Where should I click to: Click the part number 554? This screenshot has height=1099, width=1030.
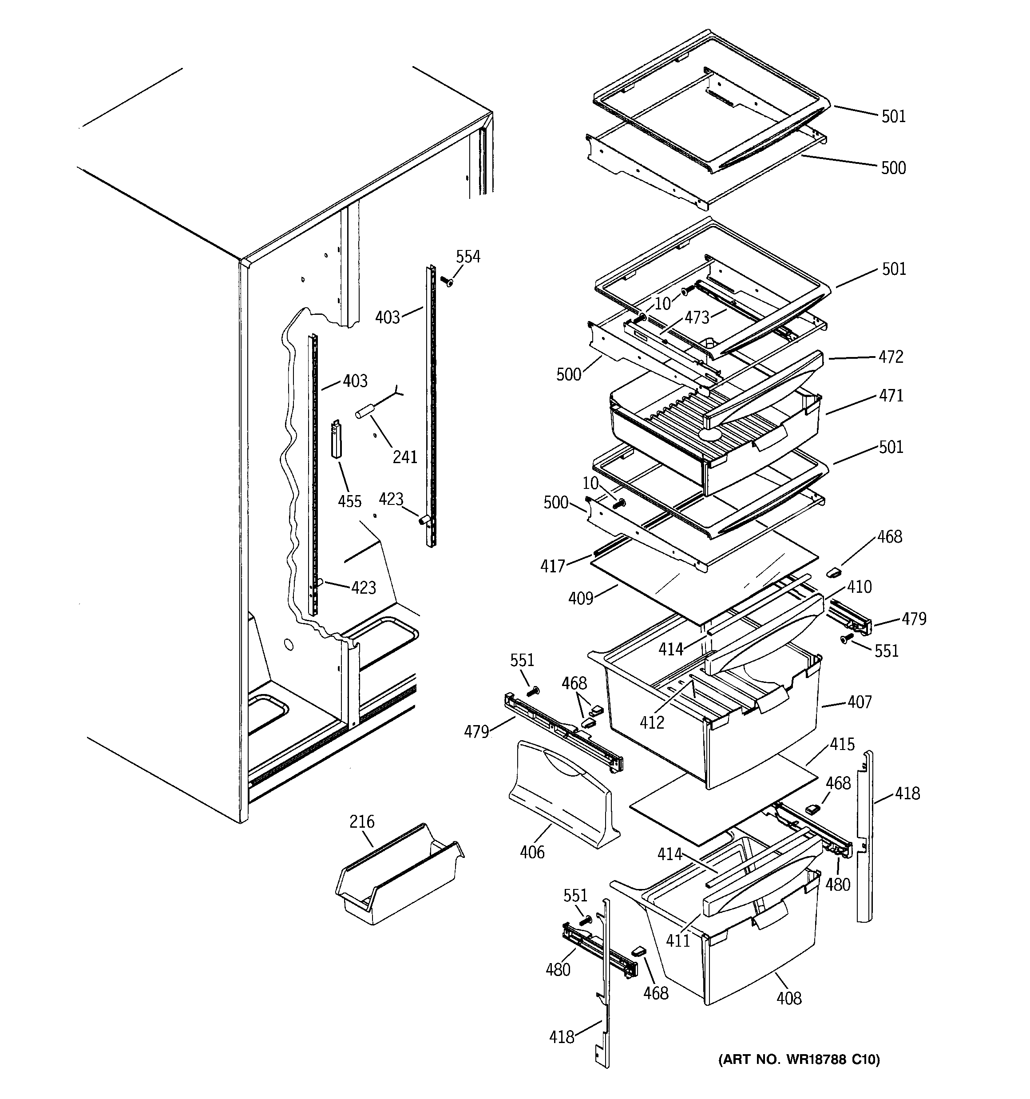(x=468, y=257)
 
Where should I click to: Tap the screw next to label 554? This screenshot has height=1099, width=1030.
(x=447, y=282)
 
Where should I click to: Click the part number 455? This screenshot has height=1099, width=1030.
(x=349, y=501)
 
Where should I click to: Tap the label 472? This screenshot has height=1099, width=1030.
(x=891, y=357)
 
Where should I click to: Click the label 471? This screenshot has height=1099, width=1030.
(x=891, y=395)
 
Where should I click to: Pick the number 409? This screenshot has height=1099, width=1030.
(x=581, y=598)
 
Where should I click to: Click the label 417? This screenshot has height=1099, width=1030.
(x=553, y=566)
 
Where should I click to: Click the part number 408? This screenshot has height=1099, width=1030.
(x=788, y=998)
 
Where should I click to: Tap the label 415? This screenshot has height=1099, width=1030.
(x=842, y=744)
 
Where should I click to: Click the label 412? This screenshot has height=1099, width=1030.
(x=652, y=722)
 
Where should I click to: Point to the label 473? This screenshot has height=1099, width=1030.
(x=697, y=317)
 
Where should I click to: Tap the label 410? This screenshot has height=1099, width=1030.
(x=859, y=587)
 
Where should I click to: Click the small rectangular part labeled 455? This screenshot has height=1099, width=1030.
(x=336, y=440)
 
